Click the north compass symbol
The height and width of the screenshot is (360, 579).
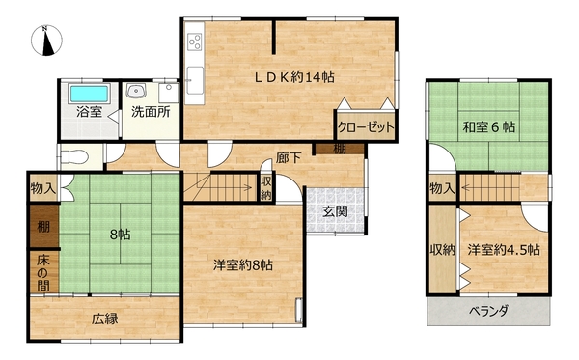(x=46, y=41)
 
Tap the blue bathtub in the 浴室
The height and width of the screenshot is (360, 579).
(x=90, y=94)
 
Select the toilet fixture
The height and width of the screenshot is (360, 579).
(x=75, y=157)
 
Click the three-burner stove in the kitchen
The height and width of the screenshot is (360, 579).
(x=195, y=41)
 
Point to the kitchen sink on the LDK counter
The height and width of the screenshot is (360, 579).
(x=195, y=80)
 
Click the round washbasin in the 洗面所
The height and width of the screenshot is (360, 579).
(x=136, y=90)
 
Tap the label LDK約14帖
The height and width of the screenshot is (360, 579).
(x=295, y=77)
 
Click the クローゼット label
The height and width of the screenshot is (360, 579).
(x=366, y=127)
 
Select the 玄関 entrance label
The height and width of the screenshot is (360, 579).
(x=335, y=211)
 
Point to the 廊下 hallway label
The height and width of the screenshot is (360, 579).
(x=288, y=158)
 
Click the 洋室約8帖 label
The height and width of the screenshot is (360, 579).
(x=242, y=264)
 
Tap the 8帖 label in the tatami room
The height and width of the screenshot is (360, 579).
(x=120, y=235)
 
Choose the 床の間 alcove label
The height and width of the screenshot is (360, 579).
(x=42, y=273)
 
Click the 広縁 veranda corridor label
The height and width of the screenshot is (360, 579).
(x=105, y=318)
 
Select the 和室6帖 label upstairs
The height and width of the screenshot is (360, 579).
(x=489, y=127)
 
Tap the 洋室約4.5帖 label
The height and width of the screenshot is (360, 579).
(x=504, y=250)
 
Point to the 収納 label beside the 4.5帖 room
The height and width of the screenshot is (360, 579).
(x=442, y=250)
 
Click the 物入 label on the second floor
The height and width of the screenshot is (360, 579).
(x=442, y=188)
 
